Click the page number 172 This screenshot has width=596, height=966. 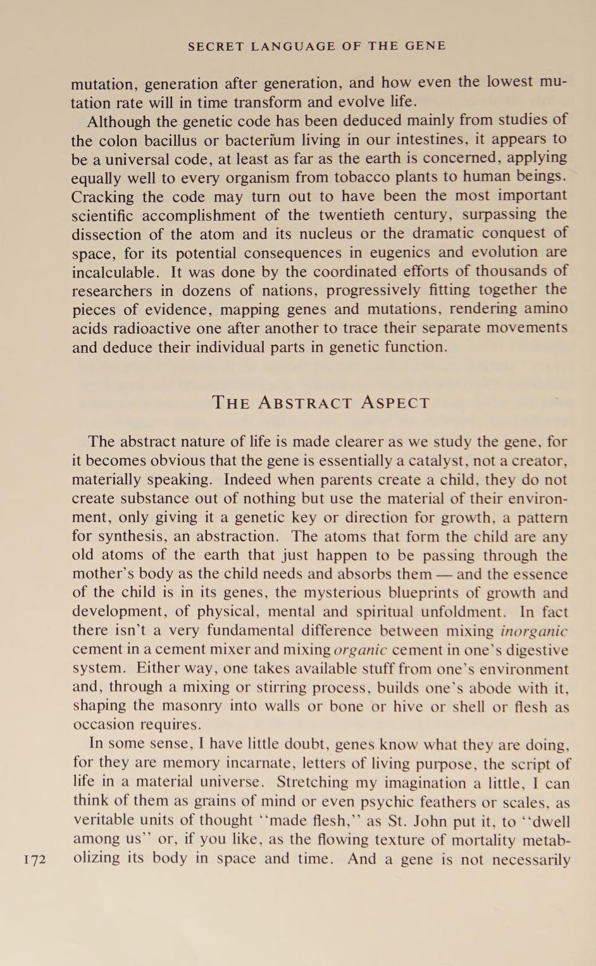coord(35,860)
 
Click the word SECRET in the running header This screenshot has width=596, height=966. coord(216,46)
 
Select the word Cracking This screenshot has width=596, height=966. coord(102,196)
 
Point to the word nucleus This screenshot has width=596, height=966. coord(325,233)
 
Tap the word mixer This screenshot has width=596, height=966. coord(229,650)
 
